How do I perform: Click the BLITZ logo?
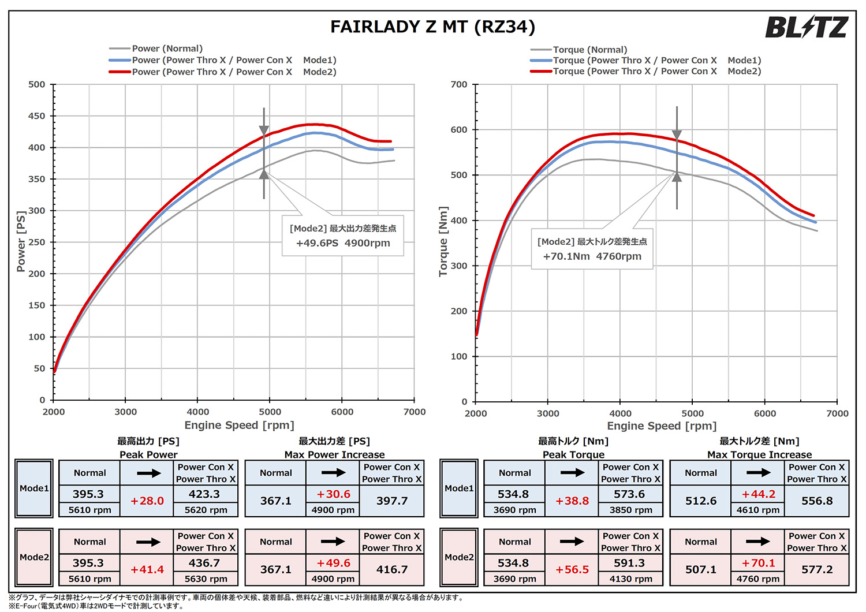(x=806, y=27)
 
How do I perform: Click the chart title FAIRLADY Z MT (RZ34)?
(x=432, y=27)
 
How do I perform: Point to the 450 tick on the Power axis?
(x=37, y=116)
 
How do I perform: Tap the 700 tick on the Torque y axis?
(x=459, y=85)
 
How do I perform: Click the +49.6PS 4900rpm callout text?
(x=343, y=243)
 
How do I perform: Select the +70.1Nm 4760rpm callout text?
(x=592, y=256)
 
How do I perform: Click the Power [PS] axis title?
(x=21, y=241)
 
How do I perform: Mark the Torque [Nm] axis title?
(x=443, y=241)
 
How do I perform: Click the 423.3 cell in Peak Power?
(x=204, y=494)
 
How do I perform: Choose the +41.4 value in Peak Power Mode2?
(x=147, y=569)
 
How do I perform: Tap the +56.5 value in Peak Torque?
(x=572, y=569)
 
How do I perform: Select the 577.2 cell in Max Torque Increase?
(x=817, y=569)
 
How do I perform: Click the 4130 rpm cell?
(x=630, y=579)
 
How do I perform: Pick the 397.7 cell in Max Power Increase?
(x=392, y=501)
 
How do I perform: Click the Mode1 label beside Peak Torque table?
(x=459, y=488)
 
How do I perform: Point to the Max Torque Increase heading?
(x=759, y=454)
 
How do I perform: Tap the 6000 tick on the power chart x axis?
(x=342, y=412)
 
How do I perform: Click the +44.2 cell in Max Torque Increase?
(x=759, y=494)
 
